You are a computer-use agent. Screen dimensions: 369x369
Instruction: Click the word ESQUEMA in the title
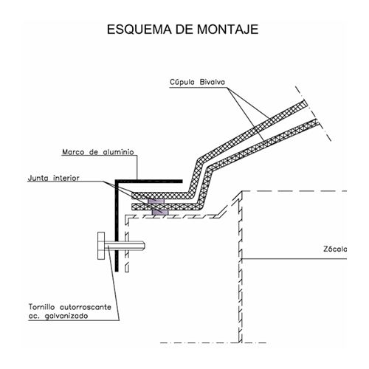(x=139, y=30)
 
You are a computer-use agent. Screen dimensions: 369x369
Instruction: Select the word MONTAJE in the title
(x=227, y=30)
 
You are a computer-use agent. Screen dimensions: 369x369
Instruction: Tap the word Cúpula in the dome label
(x=182, y=82)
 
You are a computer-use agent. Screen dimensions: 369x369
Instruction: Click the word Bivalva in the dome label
(x=213, y=82)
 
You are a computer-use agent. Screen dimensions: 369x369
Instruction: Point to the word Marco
(x=73, y=152)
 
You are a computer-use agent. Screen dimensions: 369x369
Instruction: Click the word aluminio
(x=118, y=152)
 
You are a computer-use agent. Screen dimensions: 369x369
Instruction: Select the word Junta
(x=38, y=178)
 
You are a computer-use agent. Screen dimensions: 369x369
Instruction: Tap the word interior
(x=66, y=178)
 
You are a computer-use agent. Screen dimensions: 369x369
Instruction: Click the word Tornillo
(x=41, y=307)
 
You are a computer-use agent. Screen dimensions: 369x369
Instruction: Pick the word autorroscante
(x=86, y=307)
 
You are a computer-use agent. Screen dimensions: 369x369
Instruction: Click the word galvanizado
(x=66, y=316)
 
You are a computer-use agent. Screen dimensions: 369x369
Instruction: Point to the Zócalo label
(x=335, y=249)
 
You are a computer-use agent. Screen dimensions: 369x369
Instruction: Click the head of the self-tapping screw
(x=101, y=246)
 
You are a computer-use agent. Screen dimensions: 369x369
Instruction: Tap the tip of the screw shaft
(x=145, y=246)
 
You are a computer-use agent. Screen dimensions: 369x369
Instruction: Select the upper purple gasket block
(x=156, y=201)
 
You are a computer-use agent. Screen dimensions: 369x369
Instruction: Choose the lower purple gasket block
(x=160, y=213)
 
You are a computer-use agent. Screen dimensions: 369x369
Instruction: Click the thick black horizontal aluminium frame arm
(x=149, y=182)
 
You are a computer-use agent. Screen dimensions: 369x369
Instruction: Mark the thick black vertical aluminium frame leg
(x=117, y=226)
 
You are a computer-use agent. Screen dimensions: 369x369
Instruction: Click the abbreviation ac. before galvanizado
(x=34, y=317)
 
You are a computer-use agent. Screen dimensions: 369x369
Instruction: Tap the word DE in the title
(x=184, y=30)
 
